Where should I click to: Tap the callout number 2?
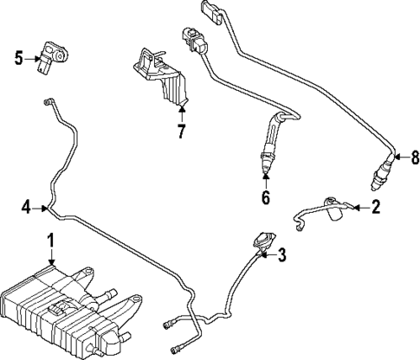375,207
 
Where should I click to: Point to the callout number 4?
27,207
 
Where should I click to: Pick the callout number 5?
17,59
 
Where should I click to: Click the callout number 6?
266,197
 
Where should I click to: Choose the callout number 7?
181,133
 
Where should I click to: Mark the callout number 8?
414,157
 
